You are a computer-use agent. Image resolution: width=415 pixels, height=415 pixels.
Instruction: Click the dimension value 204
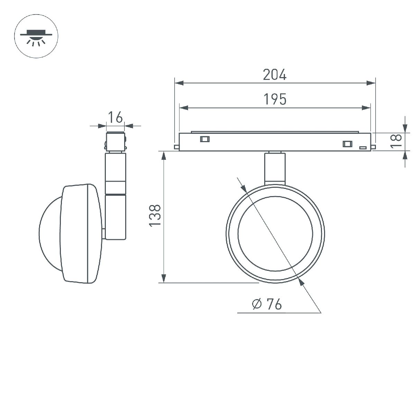(275, 75)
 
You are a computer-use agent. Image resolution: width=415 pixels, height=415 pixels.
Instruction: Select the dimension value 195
(275, 99)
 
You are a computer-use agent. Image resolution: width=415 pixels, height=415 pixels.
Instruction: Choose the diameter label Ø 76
(267, 304)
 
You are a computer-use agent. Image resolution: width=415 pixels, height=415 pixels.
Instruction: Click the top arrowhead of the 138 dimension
(164, 156)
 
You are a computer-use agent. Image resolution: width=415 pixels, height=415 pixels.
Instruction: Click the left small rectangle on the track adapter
(204, 139)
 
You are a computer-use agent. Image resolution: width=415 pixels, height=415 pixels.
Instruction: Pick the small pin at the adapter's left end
(176, 147)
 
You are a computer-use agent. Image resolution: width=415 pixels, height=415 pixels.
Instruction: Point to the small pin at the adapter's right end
(373, 147)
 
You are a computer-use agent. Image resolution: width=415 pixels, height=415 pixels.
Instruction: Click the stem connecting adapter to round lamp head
(275, 168)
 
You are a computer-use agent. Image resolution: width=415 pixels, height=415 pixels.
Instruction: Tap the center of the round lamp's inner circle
(275, 234)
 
